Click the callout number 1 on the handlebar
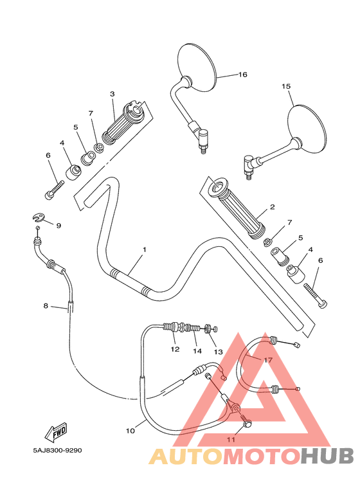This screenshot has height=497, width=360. pyautogui.click(x=145, y=249)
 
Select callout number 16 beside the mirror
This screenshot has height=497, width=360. pyautogui.click(x=242, y=75)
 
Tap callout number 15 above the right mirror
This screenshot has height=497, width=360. pyautogui.click(x=287, y=86)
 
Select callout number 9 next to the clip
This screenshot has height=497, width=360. pyautogui.click(x=59, y=226)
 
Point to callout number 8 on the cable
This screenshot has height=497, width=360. pyautogui.click(x=46, y=306)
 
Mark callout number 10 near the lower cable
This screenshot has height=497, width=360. pyautogui.click(x=130, y=431)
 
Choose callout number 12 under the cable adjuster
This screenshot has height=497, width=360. pyautogui.click(x=175, y=350)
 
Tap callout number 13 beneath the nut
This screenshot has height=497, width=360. pyautogui.click(x=218, y=352)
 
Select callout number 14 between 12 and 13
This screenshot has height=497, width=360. pyautogui.click(x=197, y=351)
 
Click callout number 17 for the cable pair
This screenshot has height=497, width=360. pyautogui.click(x=268, y=360)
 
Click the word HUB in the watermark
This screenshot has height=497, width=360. pyautogui.click(x=327, y=456)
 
